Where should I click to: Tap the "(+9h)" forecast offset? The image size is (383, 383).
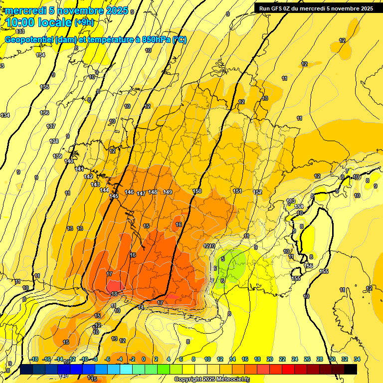84,22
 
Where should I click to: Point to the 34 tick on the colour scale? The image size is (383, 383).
357,359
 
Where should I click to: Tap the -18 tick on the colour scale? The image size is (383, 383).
34,359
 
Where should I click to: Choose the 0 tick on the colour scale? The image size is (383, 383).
144,359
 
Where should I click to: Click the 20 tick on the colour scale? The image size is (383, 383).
269,359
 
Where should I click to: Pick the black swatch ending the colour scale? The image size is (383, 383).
350,369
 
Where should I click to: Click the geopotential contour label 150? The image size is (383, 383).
197,191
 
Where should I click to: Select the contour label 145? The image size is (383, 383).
114,196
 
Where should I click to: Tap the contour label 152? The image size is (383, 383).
257,192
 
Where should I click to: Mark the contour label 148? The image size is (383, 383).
153,192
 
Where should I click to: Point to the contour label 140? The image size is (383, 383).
69,161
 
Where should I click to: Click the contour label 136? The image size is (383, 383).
45,113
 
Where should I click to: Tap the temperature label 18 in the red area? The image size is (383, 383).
115,294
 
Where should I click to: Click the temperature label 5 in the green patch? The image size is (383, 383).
223,258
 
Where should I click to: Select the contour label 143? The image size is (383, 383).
95,185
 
